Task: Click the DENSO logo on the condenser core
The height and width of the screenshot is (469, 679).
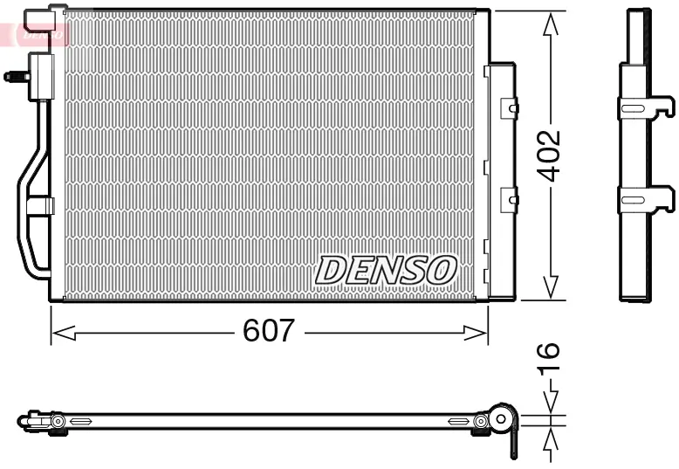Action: click(386, 270)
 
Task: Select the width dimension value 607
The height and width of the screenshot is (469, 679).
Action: click(269, 332)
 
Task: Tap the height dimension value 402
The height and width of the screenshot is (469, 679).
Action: click(548, 155)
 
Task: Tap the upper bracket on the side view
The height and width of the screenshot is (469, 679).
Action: click(646, 107)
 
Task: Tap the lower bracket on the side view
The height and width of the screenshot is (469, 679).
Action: click(646, 200)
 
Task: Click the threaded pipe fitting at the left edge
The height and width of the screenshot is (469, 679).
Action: click(15, 77)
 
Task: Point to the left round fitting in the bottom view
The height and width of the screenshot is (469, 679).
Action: click(58, 422)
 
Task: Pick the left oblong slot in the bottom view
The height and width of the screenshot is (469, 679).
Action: click(80, 422)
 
